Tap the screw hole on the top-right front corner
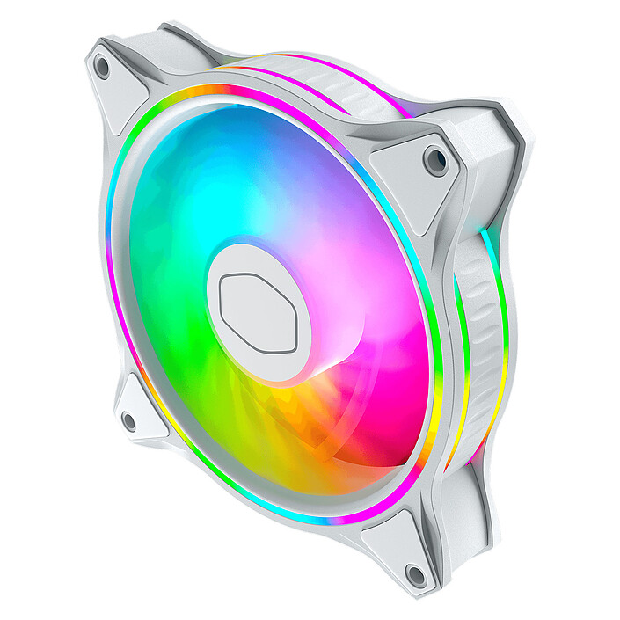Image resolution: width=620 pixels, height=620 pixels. pos(435,160)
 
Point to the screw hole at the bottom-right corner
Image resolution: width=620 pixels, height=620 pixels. pos(415,575)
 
